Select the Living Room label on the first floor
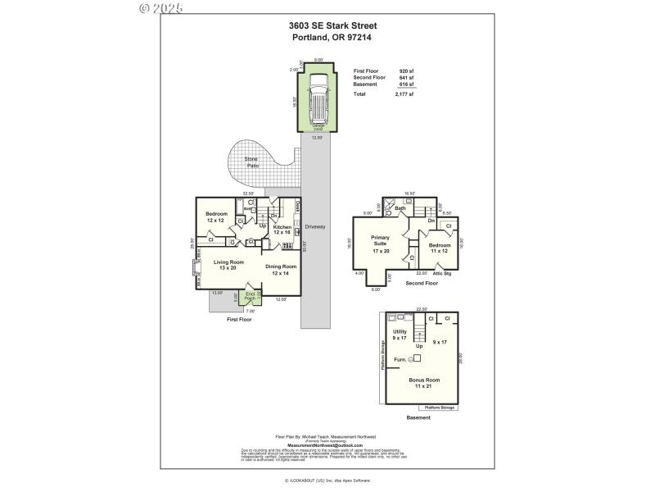coord(229,264)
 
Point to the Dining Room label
coord(281,269)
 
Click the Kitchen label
coord(282,229)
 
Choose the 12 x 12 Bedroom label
coord(215,217)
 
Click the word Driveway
coord(315,226)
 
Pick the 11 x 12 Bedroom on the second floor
coord(440,248)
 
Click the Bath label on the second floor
coord(400,208)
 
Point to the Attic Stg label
coord(442,273)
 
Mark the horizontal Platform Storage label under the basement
coord(440,407)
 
